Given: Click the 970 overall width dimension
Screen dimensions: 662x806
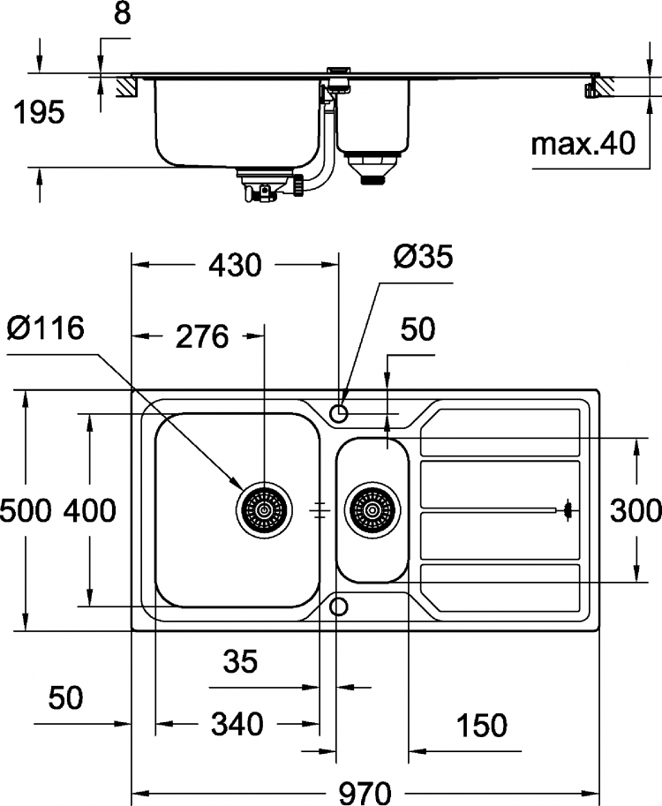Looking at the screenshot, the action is pyautogui.click(x=365, y=792).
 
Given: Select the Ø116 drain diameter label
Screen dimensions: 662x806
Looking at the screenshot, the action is pyautogui.click(x=46, y=328).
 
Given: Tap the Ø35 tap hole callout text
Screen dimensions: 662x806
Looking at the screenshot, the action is pyautogui.click(x=423, y=257).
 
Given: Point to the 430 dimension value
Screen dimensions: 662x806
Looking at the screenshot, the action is pyautogui.click(x=235, y=266).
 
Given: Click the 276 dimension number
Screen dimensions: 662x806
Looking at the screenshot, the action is pyautogui.click(x=202, y=336).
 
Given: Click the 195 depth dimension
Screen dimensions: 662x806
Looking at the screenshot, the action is pyautogui.click(x=39, y=113).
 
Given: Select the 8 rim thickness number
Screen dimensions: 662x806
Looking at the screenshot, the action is pyautogui.click(x=123, y=13).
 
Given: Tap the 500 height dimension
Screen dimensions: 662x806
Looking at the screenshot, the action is pyautogui.click(x=26, y=511).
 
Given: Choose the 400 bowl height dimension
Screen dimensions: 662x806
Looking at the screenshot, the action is pyautogui.click(x=90, y=511).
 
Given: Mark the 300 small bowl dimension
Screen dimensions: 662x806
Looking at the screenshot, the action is pyautogui.click(x=636, y=511).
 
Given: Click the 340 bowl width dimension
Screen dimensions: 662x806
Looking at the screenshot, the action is pyautogui.click(x=237, y=724).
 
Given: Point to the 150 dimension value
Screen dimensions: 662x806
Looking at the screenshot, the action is pyautogui.click(x=482, y=726).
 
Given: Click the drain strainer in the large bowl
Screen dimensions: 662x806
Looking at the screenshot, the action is pyautogui.click(x=264, y=510).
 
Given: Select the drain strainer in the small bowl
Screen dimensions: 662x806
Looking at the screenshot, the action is pyautogui.click(x=372, y=510).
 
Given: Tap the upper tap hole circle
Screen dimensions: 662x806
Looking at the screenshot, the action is pyautogui.click(x=338, y=413).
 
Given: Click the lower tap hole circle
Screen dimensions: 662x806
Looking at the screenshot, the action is pyautogui.click(x=338, y=606).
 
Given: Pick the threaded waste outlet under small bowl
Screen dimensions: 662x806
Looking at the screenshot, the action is pyautogui.click(x=372, y=179).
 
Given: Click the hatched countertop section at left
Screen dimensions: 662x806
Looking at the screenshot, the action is pyautogui.click(x=127, y=87).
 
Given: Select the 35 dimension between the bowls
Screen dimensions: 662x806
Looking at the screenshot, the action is pyautogui.click(x=240, y=661).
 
